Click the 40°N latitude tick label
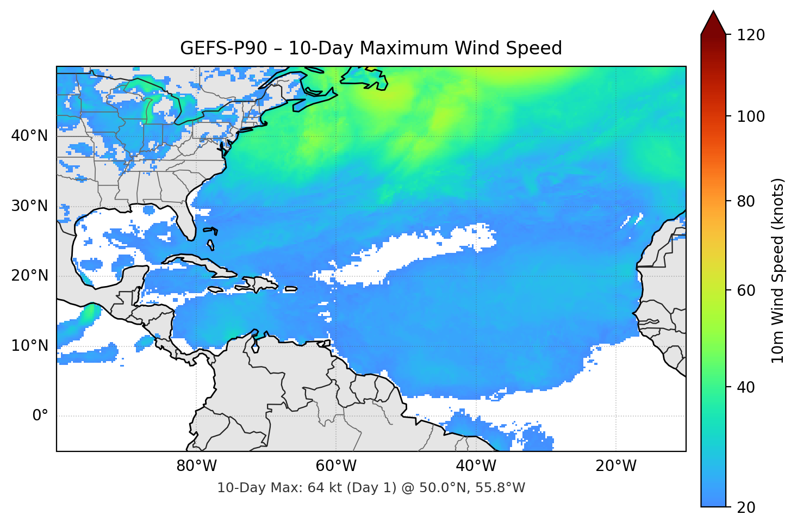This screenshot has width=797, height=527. (x=29, y=135)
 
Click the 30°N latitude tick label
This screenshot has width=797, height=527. (x=29, y=206)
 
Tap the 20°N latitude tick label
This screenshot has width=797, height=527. (x=29, y=276)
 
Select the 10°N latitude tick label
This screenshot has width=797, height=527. (x=29, y=346)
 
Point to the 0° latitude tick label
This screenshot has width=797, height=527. (x=40, y=416)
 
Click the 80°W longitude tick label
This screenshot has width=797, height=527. (x=196, y=466)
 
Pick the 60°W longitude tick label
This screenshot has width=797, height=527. (x=336, y=466)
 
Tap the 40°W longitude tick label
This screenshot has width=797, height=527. (x=476, y=466)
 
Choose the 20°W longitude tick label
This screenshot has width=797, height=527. (x=616, y=466)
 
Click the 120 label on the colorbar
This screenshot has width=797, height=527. (x=751, y=35)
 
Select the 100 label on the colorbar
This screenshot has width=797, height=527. (x=751, y=116)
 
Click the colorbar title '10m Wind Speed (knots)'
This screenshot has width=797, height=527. (x=778, y=270)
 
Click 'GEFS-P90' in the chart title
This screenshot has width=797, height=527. (x=223, y=48)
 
